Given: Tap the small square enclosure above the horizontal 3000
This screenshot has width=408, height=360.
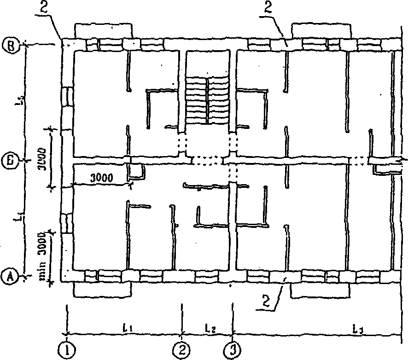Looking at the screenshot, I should click(137, 172).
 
